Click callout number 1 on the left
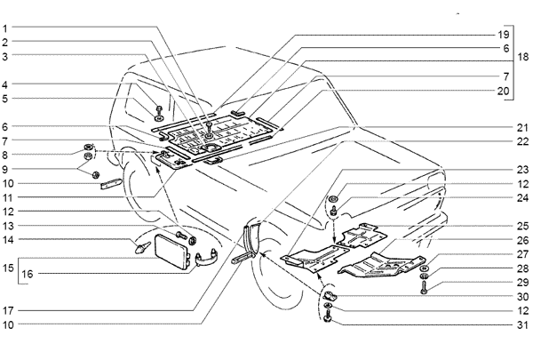[4, 28]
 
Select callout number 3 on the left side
[4, 57]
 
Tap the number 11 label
[8, 197]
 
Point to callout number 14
[8, 240]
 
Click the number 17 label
[8, 310]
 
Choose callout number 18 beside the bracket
[523, 57]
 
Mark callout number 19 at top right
[504, 35]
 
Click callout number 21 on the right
[523, 128]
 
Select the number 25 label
[523, 226]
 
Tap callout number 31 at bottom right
[523, 325]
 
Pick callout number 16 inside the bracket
[28, 274]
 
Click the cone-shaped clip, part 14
[142, 248]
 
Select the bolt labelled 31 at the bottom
[328, 316]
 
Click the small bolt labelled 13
[181, 235]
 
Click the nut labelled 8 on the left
[88, 148]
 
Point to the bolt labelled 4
[159, 110]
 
